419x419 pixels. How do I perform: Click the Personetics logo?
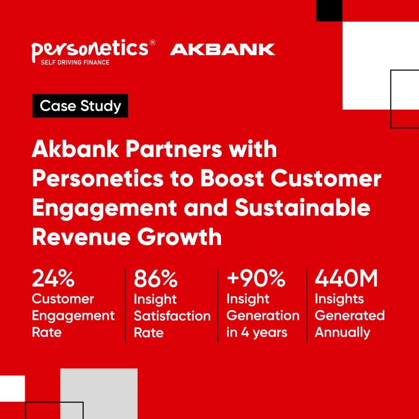click(93, 52)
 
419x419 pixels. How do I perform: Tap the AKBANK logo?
click(222, 50)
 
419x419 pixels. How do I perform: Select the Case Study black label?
click(80, 106)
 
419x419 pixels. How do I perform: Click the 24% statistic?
click(53, 278)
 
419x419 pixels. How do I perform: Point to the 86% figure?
click(155, 279)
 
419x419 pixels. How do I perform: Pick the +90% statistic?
click(256, 278)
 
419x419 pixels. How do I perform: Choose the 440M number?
click(346, 278)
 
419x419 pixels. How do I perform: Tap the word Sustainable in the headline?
click(302, 207)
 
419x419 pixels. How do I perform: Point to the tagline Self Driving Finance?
click(75, 62)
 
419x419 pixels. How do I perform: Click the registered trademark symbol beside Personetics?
click(152, 43)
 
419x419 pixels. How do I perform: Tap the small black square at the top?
click(329, 11)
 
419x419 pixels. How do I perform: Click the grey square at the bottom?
click(99, 394)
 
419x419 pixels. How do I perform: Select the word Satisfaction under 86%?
click(172, 316)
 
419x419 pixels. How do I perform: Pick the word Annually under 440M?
click(342, 333)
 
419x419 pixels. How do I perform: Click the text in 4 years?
click(257, 333)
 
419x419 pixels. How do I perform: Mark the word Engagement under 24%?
click(73, 316)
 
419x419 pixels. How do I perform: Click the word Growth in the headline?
click(179, 237)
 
